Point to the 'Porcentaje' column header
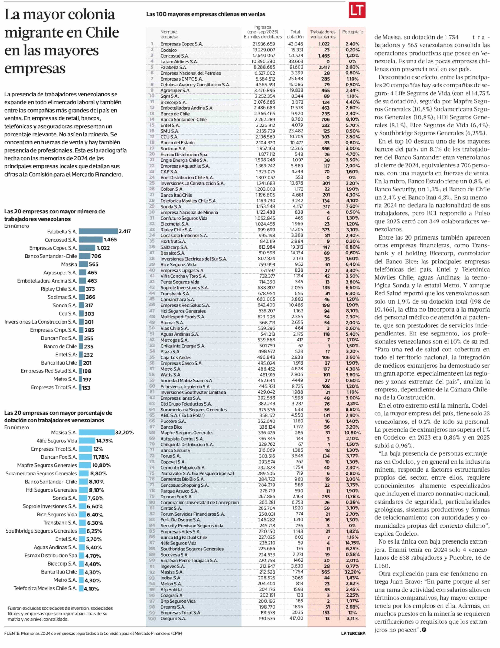click(x=352, y=32)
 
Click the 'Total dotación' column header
click(x=295, y=34)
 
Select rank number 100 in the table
click(x=152, y=619)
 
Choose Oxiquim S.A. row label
click(x=173, y=619)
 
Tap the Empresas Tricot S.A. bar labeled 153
click(x=80, y=388)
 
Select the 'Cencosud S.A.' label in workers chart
click(x=61, y=240)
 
